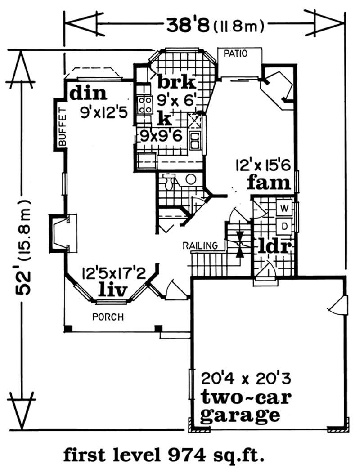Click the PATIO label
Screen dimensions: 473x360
point(235,54)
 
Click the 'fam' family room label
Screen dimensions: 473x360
point(269,183)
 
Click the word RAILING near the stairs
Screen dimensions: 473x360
point(200,245)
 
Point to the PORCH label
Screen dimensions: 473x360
point(108,317)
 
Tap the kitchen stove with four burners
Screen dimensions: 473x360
point(145,105)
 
